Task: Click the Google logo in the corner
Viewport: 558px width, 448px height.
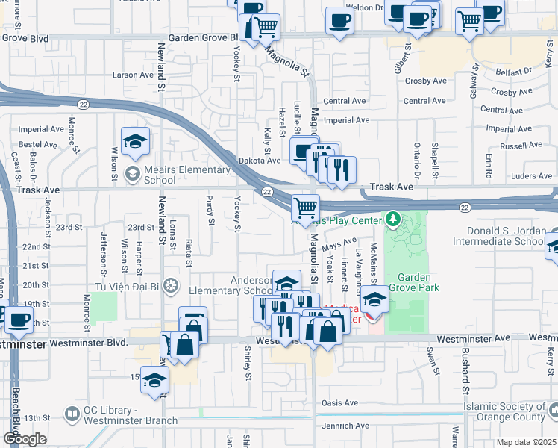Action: click(24, 439)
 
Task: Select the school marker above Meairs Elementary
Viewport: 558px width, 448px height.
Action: click(135, 142)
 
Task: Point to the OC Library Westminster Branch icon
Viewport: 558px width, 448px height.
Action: click(72, 413)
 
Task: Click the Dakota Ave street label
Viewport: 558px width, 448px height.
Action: click(259, 160)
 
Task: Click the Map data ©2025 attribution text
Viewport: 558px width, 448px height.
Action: click(526, 442)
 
